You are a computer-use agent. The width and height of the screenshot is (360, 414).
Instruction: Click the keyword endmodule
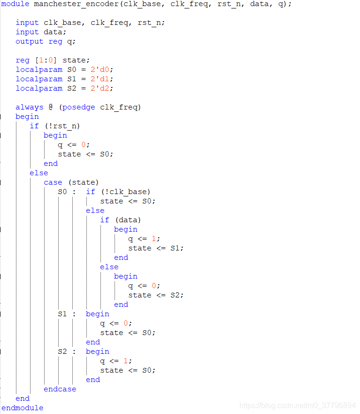(23, 408)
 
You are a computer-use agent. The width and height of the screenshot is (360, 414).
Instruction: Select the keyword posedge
(79, 107)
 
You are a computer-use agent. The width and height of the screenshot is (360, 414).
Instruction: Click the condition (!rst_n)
(65, 126)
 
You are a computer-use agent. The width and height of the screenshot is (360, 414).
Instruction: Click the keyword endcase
(60, 389)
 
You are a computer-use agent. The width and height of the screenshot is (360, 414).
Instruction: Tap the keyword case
(53, 182)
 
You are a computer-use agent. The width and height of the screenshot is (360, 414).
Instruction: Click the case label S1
(62, 314)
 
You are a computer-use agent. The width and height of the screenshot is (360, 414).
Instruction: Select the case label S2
(62, 352)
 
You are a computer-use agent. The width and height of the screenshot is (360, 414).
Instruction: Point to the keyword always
(30, 107)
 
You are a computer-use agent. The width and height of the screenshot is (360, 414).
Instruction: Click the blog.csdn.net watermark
(297, 405)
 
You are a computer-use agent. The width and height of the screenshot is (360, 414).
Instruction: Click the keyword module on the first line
(15, 4)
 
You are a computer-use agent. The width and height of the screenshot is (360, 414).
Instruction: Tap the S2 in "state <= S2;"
(175, 295)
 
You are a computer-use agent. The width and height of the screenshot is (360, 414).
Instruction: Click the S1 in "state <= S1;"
(175, 248)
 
